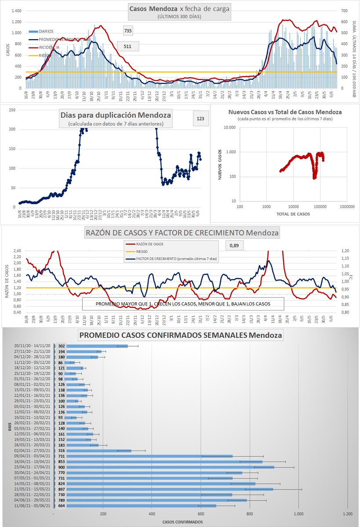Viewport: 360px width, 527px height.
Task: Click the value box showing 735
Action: pos(128,30)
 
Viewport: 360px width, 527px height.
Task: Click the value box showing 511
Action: pos(128,46)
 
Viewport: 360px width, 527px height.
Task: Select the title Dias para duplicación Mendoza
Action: pos(115,116)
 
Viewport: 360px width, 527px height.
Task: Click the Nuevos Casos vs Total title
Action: pos(285,112)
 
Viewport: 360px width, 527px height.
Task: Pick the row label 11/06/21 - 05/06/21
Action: pos(31,505)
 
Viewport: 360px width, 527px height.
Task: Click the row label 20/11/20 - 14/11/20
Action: pos(31,346)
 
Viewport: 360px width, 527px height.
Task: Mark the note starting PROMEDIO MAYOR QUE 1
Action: pos(182,304)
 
